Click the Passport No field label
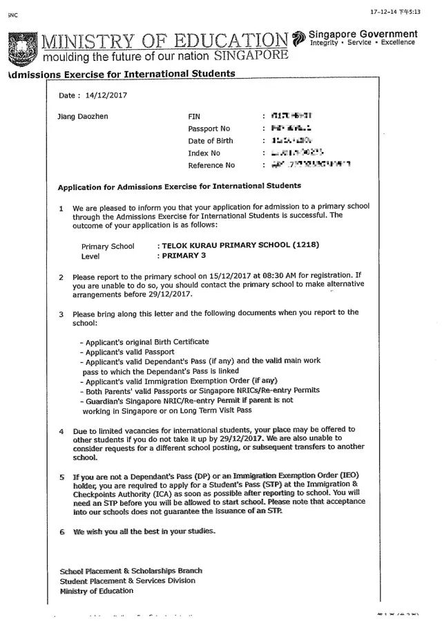pos(209,129)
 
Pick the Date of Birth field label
pos(211,141)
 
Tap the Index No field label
pos(204,153)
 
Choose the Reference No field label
pos(211,166)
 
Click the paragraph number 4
pos(61,432)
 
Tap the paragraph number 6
pos(61,531)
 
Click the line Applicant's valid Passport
pos(129,352)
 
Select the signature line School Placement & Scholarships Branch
pos(131,571)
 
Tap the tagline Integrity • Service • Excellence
pos(363,42)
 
